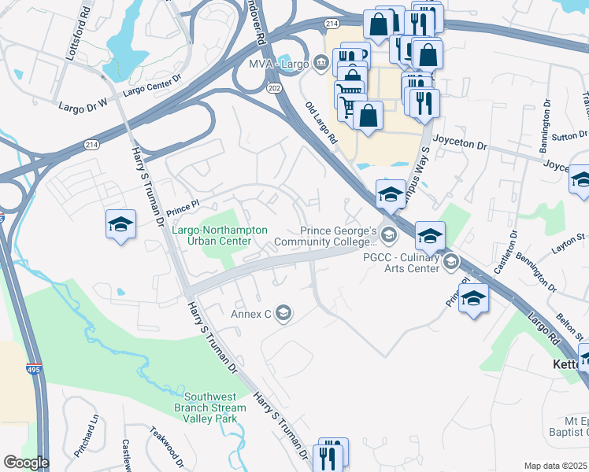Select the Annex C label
pyautogui.click(x=250, y=315)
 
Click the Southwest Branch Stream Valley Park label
pyautogui.click(x=211, y=403)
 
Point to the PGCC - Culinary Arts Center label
pyautogui.click(x=401, y=262)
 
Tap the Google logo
pyautogui.click(x=26, y=463)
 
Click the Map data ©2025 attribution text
pyautogui.click(x=556, y=466)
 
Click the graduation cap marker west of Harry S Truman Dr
pyautogui.click(x=120, y=224)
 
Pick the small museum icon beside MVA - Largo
pyautogui.click(x=320, y=62)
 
